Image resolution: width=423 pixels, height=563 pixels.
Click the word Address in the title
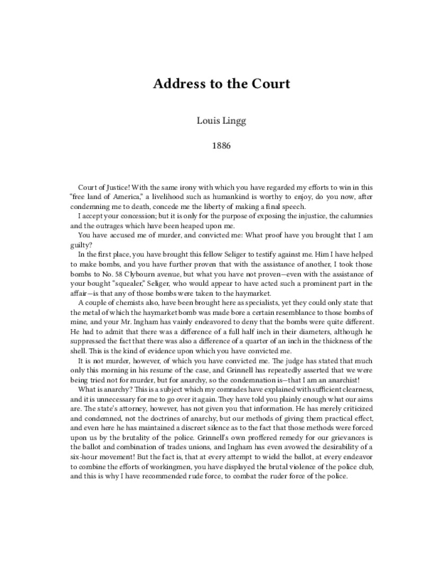pyautogui.click(x=178, y=84)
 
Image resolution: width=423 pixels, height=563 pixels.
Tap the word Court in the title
pyautogui.click(x=271, y=84)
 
